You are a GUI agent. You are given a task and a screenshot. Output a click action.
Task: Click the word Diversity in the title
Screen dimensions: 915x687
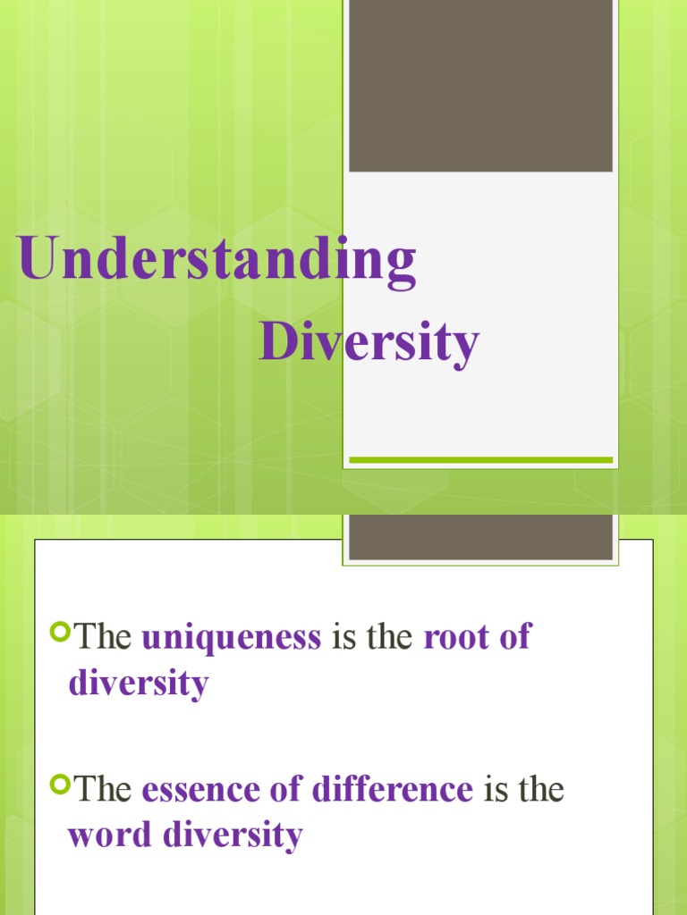369,343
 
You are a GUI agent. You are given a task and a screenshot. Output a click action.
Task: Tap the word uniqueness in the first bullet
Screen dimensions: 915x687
231,637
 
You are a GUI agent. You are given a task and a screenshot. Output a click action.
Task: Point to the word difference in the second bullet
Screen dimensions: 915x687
393,790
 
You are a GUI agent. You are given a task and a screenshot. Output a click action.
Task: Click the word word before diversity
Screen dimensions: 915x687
111,835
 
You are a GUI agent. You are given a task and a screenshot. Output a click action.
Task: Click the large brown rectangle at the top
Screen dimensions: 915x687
480,86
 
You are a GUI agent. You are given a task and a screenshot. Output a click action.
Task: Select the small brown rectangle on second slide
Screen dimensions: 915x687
480,537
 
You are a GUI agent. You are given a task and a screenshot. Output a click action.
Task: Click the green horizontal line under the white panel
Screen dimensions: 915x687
480,460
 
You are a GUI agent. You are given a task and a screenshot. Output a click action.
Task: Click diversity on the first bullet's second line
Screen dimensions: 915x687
139,684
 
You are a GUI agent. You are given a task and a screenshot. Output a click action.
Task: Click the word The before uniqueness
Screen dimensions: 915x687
104,637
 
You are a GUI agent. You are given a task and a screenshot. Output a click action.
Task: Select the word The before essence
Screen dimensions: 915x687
104,790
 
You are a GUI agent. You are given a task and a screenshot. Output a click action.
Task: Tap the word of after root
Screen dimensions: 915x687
514,637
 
